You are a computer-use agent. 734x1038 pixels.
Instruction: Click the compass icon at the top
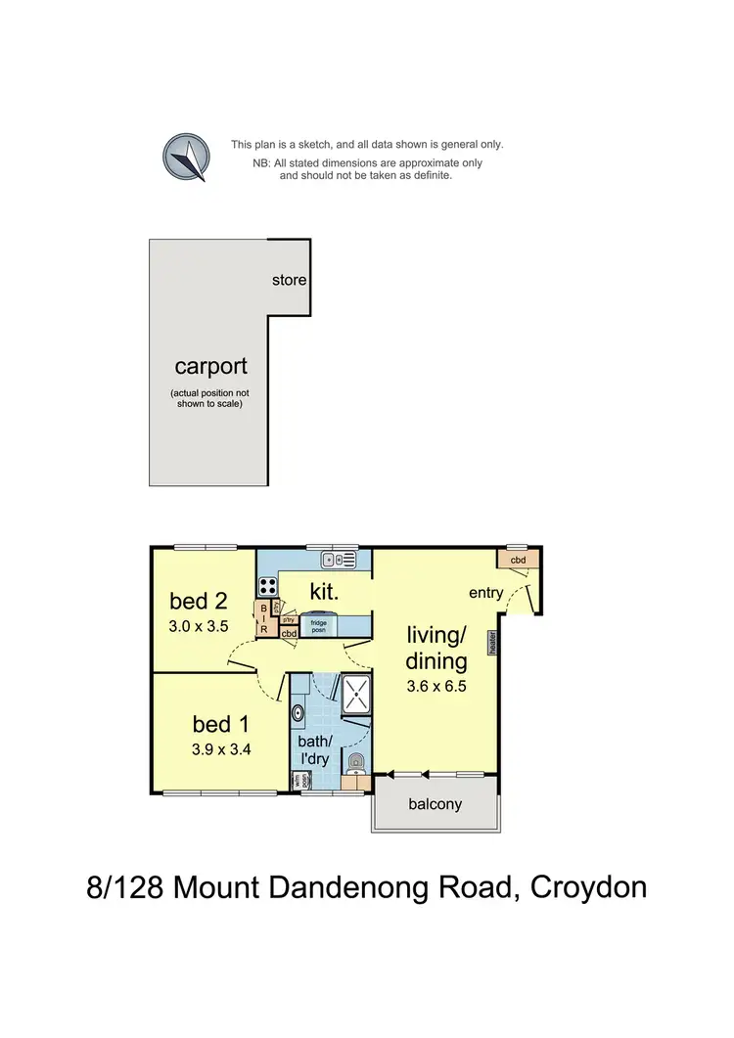pos(185,157)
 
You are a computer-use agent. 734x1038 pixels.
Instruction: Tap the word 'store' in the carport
pos(289,280)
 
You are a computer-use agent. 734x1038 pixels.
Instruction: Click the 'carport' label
pos(211,367)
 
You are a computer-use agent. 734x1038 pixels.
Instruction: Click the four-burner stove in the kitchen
pos(267,586)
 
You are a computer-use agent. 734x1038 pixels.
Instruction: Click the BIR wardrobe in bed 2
pos(262,618)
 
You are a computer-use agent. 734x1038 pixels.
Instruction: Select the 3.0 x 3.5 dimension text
pos(199,627)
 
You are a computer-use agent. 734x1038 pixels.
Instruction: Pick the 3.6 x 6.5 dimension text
pos(436,686)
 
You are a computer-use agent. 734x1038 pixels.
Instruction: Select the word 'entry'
pos(485,593)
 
